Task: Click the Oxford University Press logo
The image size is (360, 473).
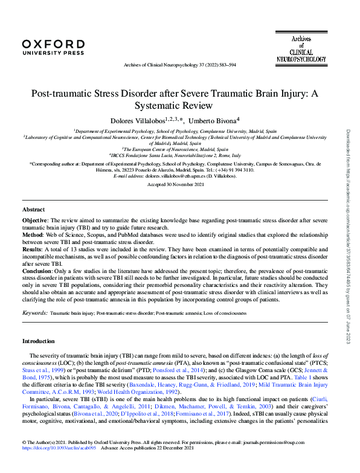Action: coord(53,47)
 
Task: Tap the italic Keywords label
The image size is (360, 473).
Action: coord(34,313)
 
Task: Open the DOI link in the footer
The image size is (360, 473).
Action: coord(51,465)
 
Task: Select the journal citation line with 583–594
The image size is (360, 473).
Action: coord(180,65)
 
